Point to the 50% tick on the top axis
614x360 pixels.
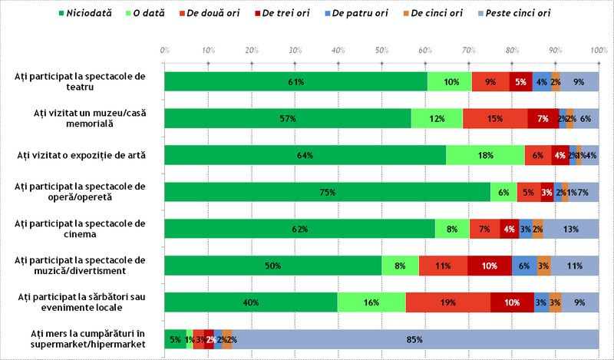(381, 50)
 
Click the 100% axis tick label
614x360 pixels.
(599, 50)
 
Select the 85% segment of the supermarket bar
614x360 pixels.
(415, 339)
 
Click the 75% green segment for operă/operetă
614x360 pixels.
(328, 193)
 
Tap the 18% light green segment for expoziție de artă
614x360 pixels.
(486, 156)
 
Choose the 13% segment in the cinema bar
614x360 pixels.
(571, 229)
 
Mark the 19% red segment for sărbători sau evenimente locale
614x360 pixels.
(448, 302)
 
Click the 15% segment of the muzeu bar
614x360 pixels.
(495, 118)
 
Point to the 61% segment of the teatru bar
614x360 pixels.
(296, 82)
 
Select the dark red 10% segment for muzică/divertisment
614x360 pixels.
(490, 266)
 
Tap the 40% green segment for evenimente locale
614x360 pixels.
(251, 302)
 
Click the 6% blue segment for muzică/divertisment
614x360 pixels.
(524, 266)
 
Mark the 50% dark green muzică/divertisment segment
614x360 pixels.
(273, 266)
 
